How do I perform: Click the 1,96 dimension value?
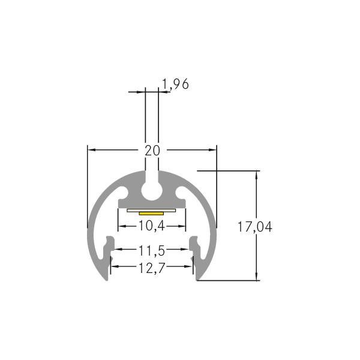176,85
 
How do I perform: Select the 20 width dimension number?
152,150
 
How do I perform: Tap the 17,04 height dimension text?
254,227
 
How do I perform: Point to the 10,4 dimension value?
151,226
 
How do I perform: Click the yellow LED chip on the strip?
151,212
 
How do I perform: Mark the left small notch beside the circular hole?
124,194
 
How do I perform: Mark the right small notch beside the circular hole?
180,194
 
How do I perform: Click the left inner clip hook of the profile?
109,247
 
